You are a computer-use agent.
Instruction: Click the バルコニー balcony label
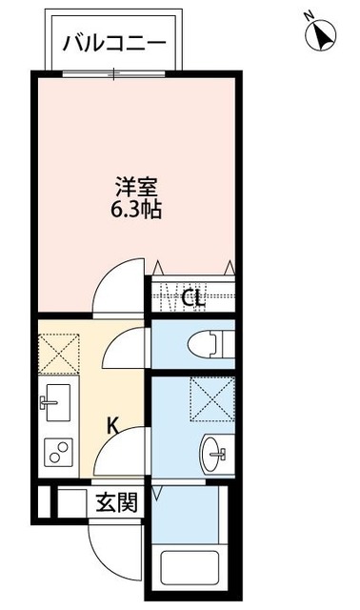click(x=114, y=43)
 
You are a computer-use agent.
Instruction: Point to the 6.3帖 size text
click(x=132, y=210)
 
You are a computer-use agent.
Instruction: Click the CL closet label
click(x=193, y=299)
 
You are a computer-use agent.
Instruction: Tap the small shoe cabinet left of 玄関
click(x=43, y=501)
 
